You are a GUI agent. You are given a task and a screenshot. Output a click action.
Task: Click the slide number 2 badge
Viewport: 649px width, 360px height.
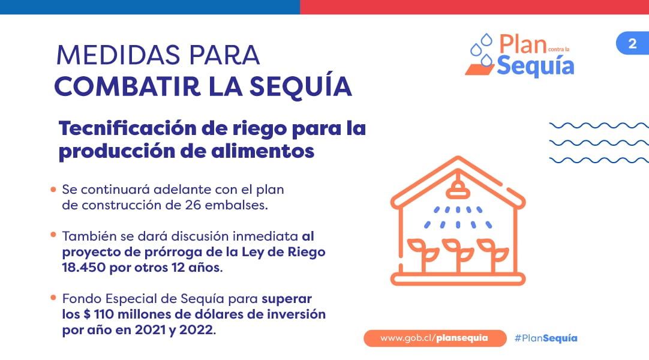click(632, 43)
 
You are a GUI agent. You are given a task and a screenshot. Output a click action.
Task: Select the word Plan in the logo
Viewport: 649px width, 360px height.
click(523, 44)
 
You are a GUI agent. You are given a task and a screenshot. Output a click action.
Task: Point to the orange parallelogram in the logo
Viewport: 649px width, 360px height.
click(480, 70)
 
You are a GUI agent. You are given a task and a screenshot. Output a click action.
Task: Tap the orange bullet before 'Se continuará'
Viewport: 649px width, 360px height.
click(53, 190)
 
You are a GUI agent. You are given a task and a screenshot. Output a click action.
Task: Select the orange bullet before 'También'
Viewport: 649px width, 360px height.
click(53, 235)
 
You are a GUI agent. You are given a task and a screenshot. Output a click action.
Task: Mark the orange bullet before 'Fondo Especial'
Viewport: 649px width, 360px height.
click(53, 298)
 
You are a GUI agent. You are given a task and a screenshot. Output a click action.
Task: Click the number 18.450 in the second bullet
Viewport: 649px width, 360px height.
click(83, 268)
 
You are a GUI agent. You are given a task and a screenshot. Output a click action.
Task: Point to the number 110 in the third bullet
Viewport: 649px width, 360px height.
click(104, 314)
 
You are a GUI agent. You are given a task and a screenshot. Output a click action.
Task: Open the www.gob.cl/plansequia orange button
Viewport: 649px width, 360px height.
click(435, 338)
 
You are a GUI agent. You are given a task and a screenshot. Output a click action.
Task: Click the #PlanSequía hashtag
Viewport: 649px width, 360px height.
click(545, 338)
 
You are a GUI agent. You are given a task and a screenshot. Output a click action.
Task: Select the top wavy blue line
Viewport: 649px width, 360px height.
click(599, 125)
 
